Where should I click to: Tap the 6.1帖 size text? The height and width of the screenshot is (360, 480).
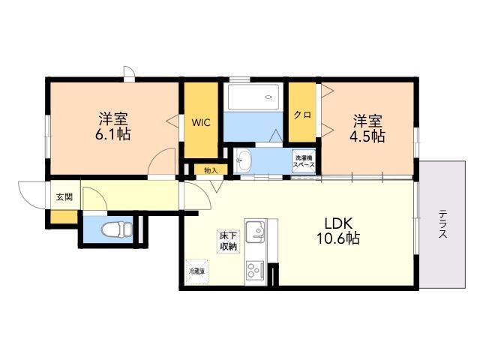tap(114, 135)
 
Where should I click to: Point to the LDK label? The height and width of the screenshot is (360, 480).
tap(338, 223)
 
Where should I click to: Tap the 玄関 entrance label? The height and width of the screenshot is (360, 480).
tap(64, 198)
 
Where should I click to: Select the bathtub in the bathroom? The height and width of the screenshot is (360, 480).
tap(253, 97)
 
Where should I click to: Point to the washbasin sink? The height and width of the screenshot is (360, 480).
tap(244, 160)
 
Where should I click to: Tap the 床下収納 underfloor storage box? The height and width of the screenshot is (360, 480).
tap(228, 240)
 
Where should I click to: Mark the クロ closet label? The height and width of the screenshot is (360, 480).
tap(302, 115)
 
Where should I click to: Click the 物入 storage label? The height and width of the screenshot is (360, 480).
tap(211, 170)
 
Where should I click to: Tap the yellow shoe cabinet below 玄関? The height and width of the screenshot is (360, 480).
tap(64, 217)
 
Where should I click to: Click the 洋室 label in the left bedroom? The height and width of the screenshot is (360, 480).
tap(114, 118)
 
